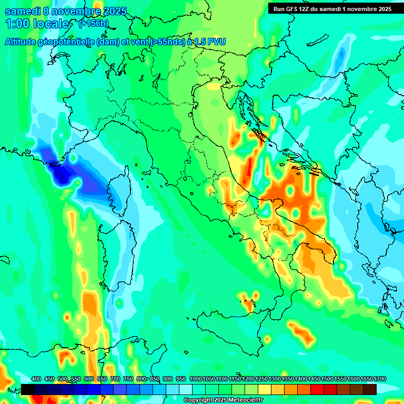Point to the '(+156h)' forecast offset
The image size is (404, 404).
pyautogui.click(x=93, y=24)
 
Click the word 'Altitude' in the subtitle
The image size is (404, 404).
pyautogui.click(x=23, y=42)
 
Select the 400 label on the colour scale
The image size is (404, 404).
pyautogui.click(x=36, y=379)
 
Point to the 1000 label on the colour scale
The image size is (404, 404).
pyautogui.click(x=196, y=379)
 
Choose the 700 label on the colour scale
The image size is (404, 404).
pyautogui.click(x=115, y=379)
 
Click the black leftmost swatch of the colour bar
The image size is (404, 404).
pyautogui.click(x=28, y=389)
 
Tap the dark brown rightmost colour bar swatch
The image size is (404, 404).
pyautogui.click(x=370, y=389)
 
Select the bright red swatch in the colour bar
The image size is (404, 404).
pyautogui.click(x=317, y=389)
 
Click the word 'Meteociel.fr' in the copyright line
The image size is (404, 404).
pyautogui.click(x=246, y=400)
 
